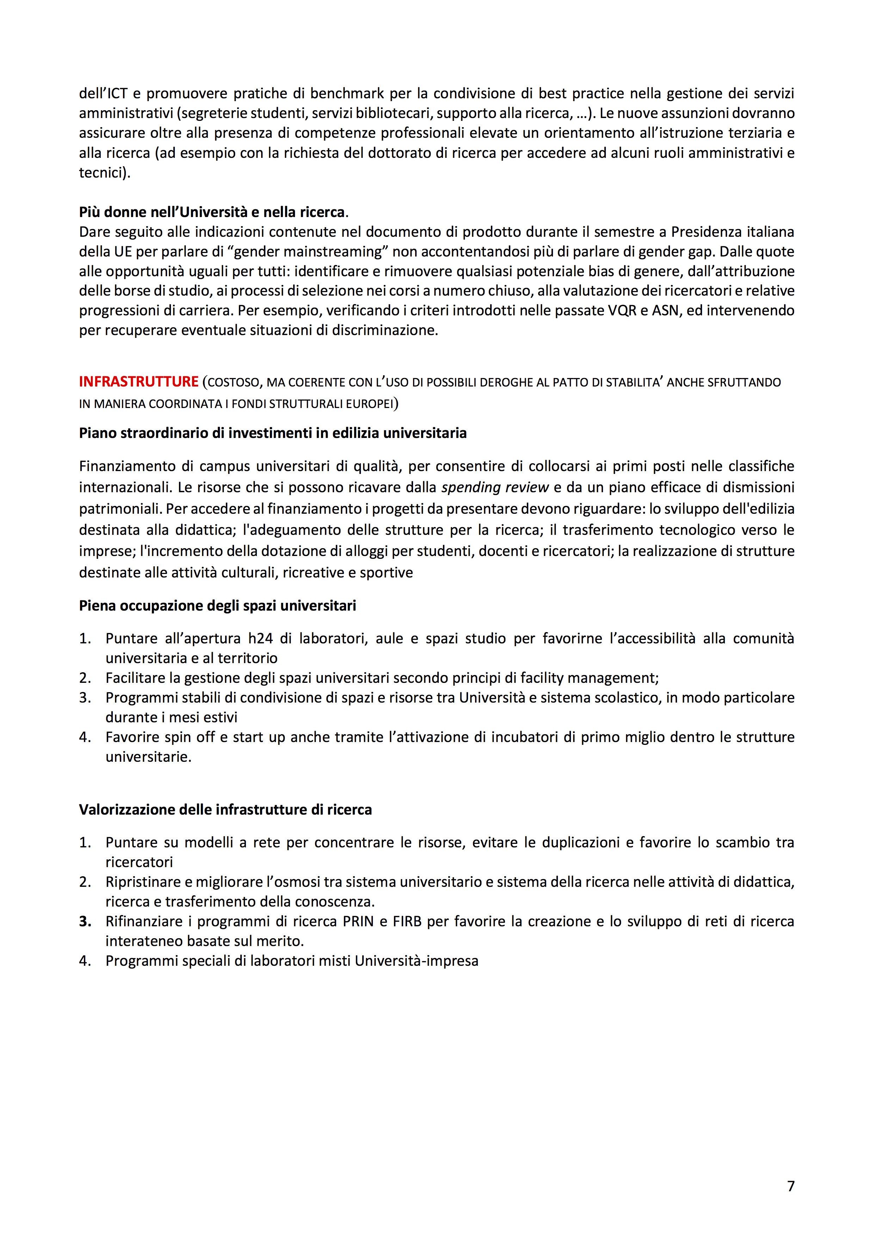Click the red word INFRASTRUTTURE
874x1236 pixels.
139,382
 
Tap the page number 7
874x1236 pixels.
790,1186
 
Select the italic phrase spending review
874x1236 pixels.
494,487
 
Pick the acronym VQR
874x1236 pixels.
622,311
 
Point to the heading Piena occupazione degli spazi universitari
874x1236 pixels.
217,606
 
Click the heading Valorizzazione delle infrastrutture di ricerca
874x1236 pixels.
225,810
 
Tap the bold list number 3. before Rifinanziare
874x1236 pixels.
85,922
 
